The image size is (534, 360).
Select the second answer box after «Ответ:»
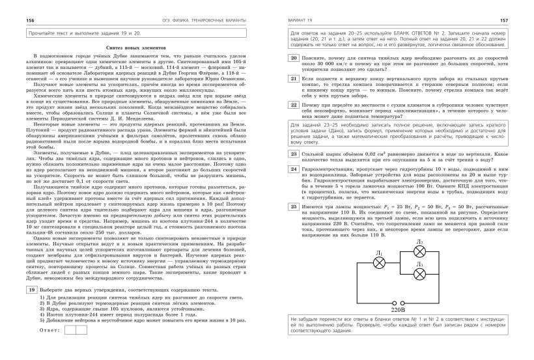click(x=81, y=331)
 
